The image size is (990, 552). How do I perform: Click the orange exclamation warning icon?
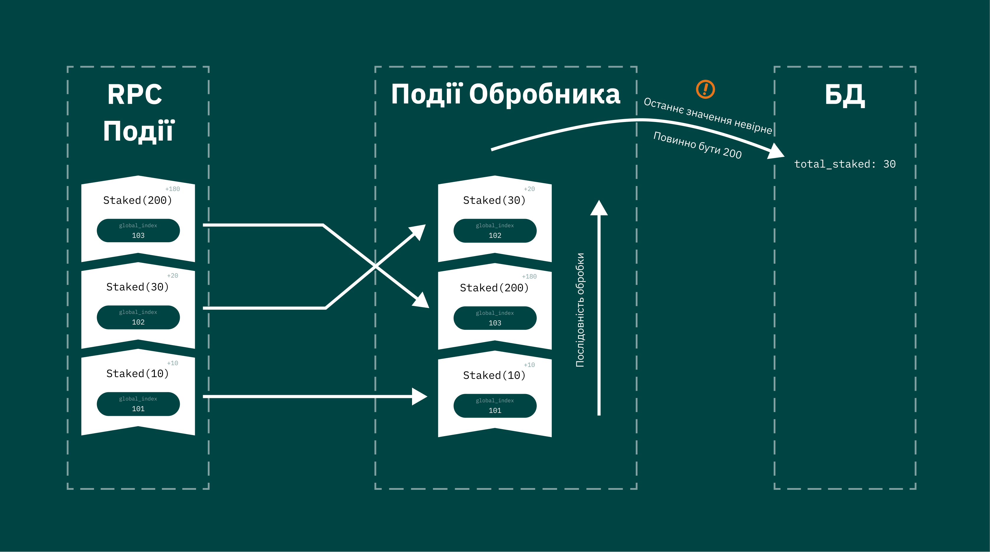[x=705, y=89]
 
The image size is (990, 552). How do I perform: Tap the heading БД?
[x=845, y=95]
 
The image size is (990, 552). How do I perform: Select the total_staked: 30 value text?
[x=845, y=164]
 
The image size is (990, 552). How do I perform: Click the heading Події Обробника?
[x=505, y=95]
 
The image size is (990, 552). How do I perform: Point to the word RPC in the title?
[x=134, y=95]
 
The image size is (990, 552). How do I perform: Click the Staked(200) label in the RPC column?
[x=138, y=200]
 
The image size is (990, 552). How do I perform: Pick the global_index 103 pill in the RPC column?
[x=138, y=231]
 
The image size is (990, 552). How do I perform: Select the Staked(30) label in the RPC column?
[x=138, y=287]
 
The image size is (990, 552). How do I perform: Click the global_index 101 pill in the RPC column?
[x=138, y=404]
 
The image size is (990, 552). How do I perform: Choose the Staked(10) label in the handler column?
[x=494, y=375]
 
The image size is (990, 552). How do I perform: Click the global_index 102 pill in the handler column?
[x=495, y=231]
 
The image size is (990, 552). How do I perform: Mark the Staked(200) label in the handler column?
[x=494, y=288]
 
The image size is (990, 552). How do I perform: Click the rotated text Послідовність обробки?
[x=580, y=310]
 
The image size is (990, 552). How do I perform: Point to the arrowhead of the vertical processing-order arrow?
[x=599, y=208]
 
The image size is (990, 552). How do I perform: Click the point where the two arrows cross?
[x=375, y=266]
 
